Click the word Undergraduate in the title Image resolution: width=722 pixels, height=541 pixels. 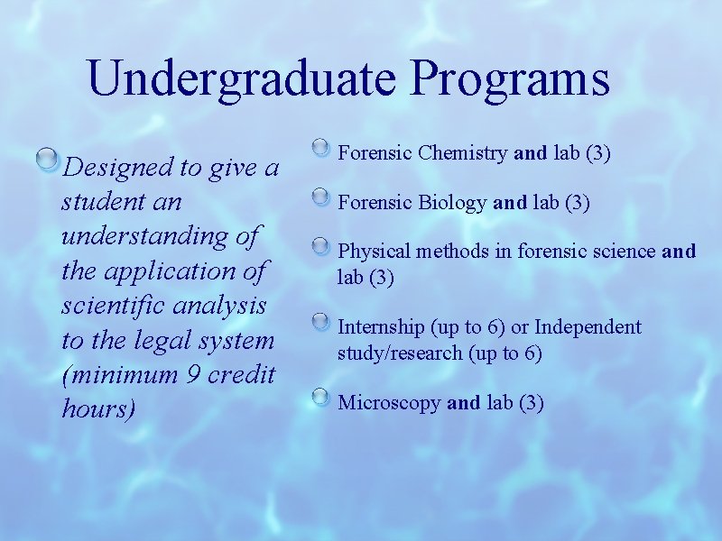click(x=242, y=79)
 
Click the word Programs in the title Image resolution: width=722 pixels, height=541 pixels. click(x=511, y=79)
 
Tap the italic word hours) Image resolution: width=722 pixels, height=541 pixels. click(x=98, y=408)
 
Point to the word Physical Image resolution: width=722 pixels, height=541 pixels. click(x=373, y=252)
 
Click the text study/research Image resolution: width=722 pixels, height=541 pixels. click(x=400, y=353)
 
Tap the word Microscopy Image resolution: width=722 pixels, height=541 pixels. click(x=389, y=403)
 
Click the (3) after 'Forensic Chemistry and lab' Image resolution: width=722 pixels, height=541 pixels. click(x=598, y=154)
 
